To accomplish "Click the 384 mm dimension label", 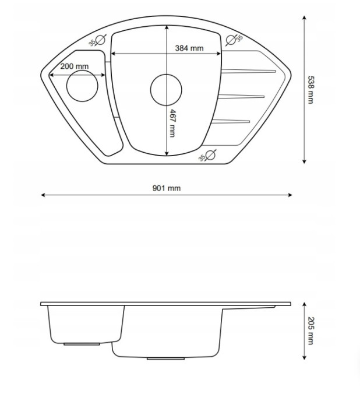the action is pyautogui.click(x=189, y=48).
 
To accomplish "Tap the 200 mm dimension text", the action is pyautogui.click(x=75, y=66).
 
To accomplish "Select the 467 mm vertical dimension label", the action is pyautogui.click(x=172, y=123).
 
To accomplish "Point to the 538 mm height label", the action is pyautogui.click(x=310, y=90).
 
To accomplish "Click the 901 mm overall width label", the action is pyautogui.click(x=167, y=188).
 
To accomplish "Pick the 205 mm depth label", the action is pyautogui.click(x=310, y=330).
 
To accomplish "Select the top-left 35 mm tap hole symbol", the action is pyautogui.click(x=100, y=40).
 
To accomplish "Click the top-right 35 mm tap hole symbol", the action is pyautogui.click(x=231, y=40).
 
